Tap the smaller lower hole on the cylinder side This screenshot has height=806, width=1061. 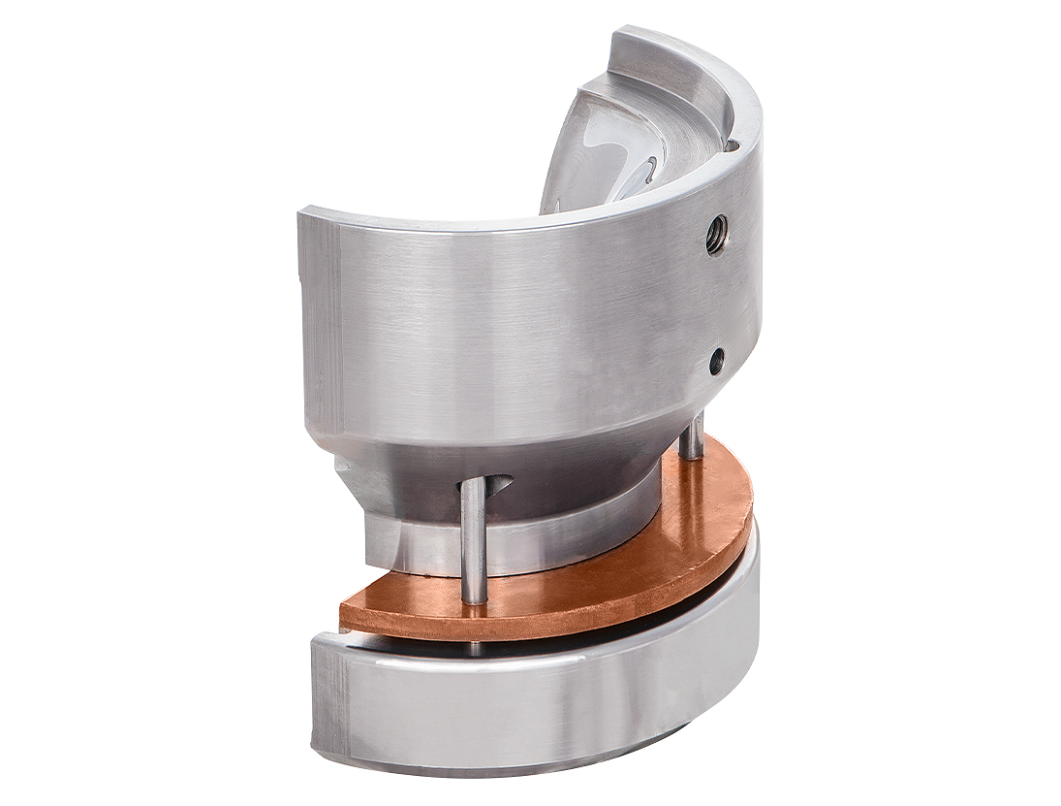click(x=716, y=362)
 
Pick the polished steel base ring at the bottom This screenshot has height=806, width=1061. click(x=543, y=703)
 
